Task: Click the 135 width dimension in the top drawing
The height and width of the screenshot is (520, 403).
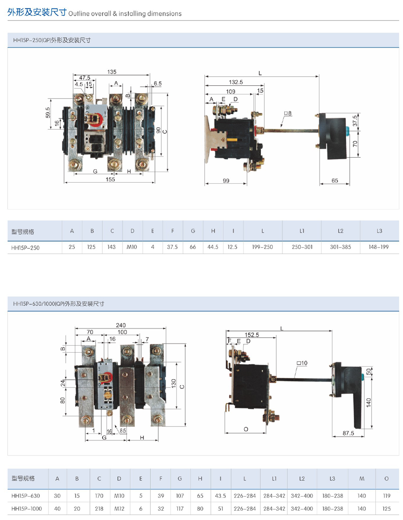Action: click(112, 72)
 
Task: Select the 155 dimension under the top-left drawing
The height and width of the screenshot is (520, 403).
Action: click(110, 179)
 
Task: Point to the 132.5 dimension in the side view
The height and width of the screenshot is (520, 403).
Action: click(236, 82)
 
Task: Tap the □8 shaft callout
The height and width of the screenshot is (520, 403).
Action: click(287, 114)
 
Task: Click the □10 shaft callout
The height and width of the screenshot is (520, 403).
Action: click(302, 363)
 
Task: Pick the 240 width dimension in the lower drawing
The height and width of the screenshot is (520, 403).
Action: click(120, 325)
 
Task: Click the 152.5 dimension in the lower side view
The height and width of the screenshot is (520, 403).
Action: click(252, 335)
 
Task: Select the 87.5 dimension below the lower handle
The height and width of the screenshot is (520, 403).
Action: click(348, 433)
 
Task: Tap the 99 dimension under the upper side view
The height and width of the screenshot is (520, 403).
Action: click(226, 181)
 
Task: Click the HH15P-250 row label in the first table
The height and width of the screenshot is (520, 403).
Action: click(25, 247)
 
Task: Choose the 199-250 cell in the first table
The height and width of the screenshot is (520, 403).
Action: click(262, 247)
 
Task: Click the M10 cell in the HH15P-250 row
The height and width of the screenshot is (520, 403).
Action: click(132, 247)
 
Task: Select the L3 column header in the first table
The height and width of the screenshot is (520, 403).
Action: click(379, 231)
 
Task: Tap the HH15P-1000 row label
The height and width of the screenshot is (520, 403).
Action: click(27, 509)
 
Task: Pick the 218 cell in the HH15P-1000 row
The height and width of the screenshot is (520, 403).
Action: click(99, 509)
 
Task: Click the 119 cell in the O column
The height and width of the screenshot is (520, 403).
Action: click(386, 496)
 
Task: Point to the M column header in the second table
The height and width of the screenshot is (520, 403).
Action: click(361, 478)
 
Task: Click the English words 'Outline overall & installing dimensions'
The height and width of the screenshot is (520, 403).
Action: click(125, 14)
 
